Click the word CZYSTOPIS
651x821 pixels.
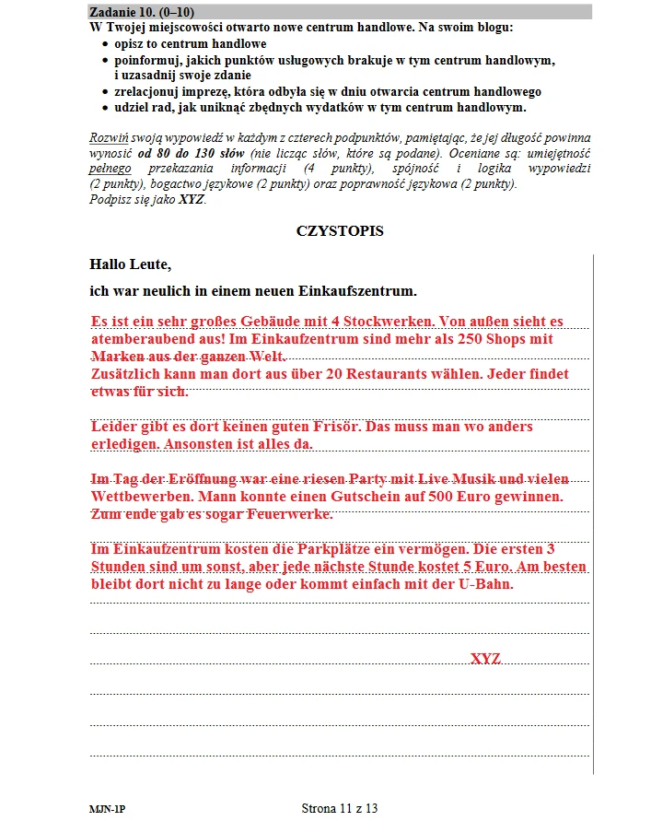tap(340, 231)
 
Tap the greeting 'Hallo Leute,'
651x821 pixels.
tap(131, 264)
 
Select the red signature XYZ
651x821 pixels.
tap(485, 659)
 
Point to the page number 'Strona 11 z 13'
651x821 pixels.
tap(340, 808)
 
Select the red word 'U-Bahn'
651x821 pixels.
tap(486, 584)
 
